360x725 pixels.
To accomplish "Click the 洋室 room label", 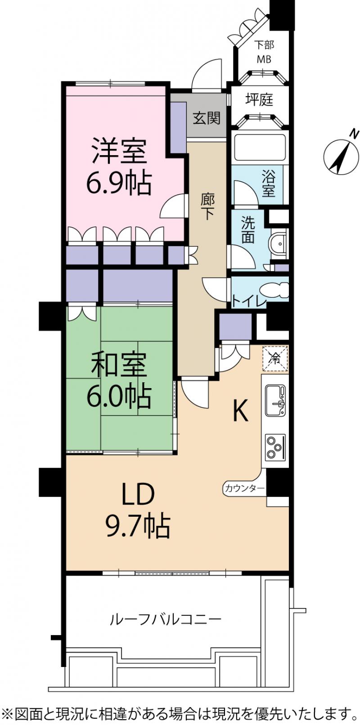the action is tap(119, 151).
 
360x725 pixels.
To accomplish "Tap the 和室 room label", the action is tap(119, 365).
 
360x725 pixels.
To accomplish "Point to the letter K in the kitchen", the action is tap(241, 410).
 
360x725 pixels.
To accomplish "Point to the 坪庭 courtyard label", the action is tap(259, 99).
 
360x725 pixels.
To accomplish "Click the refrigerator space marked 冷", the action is tap(275, 359).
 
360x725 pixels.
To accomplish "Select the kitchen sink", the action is tap(275, 401).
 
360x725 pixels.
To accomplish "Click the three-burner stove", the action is tap(275, 447).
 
